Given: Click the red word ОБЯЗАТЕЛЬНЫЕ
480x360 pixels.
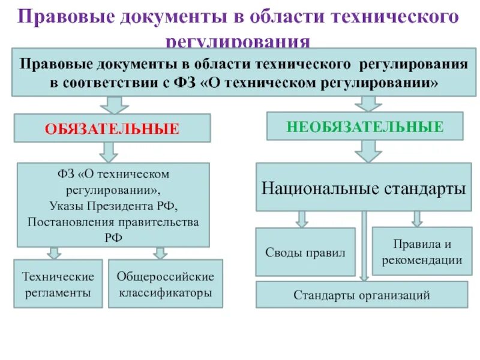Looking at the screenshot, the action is click(x=113, y=129).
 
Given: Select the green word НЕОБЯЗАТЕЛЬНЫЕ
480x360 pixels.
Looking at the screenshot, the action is click(x=365, y=127).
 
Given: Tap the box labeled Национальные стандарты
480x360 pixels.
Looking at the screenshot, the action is click(x=364, y=188).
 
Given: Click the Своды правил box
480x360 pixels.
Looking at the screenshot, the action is click(x=305, y=252).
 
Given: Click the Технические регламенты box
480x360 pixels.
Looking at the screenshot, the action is click(x=58, y=284).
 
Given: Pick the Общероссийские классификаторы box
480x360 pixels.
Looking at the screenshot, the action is click(x=165, y=284).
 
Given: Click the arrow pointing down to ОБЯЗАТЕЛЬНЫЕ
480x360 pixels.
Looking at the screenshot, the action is click(x=112, y=105).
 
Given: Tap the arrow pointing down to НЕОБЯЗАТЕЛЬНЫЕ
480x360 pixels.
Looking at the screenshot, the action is click(x=364, y=103).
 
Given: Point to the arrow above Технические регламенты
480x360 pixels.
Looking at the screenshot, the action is click(x=54, y=253).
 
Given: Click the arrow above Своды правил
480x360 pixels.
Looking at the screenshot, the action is click(x=303, y=218).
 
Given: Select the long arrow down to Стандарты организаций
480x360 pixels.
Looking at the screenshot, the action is click(x=364, y=246).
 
